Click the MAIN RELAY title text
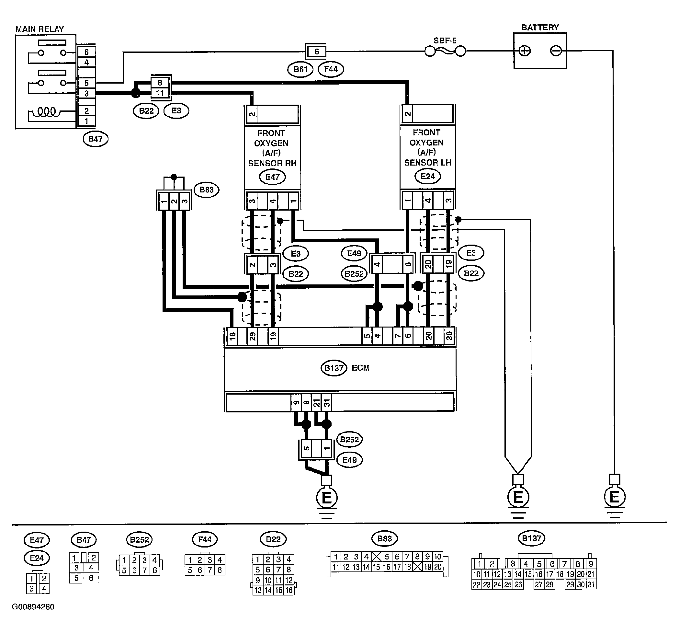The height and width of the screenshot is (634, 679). tap(40, 29)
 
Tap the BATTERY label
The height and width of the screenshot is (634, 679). tap(540, 27)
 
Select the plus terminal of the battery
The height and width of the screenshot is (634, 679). tap(524, 51)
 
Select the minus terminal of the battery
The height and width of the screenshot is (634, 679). tap(556, 51)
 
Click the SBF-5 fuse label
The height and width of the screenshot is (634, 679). tap(445, 41)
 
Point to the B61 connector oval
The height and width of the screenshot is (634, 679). tap(300, 69)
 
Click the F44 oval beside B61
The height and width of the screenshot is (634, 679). tap(331, 69)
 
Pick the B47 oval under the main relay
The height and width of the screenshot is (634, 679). tap(96, 139)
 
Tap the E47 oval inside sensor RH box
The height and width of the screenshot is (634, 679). tap(272, 177)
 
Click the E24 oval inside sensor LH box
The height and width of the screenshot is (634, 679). tap(428, 176)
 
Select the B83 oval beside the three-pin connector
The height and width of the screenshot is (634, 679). tap(206, 190)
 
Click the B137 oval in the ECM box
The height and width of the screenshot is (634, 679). tap(334, 368)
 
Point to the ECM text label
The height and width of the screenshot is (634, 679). tap(361, 368)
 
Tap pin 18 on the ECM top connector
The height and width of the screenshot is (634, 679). tap(232, 336)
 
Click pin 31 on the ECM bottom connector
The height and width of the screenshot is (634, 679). tap(327, 403)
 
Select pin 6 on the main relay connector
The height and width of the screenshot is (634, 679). tap(86, 52)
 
